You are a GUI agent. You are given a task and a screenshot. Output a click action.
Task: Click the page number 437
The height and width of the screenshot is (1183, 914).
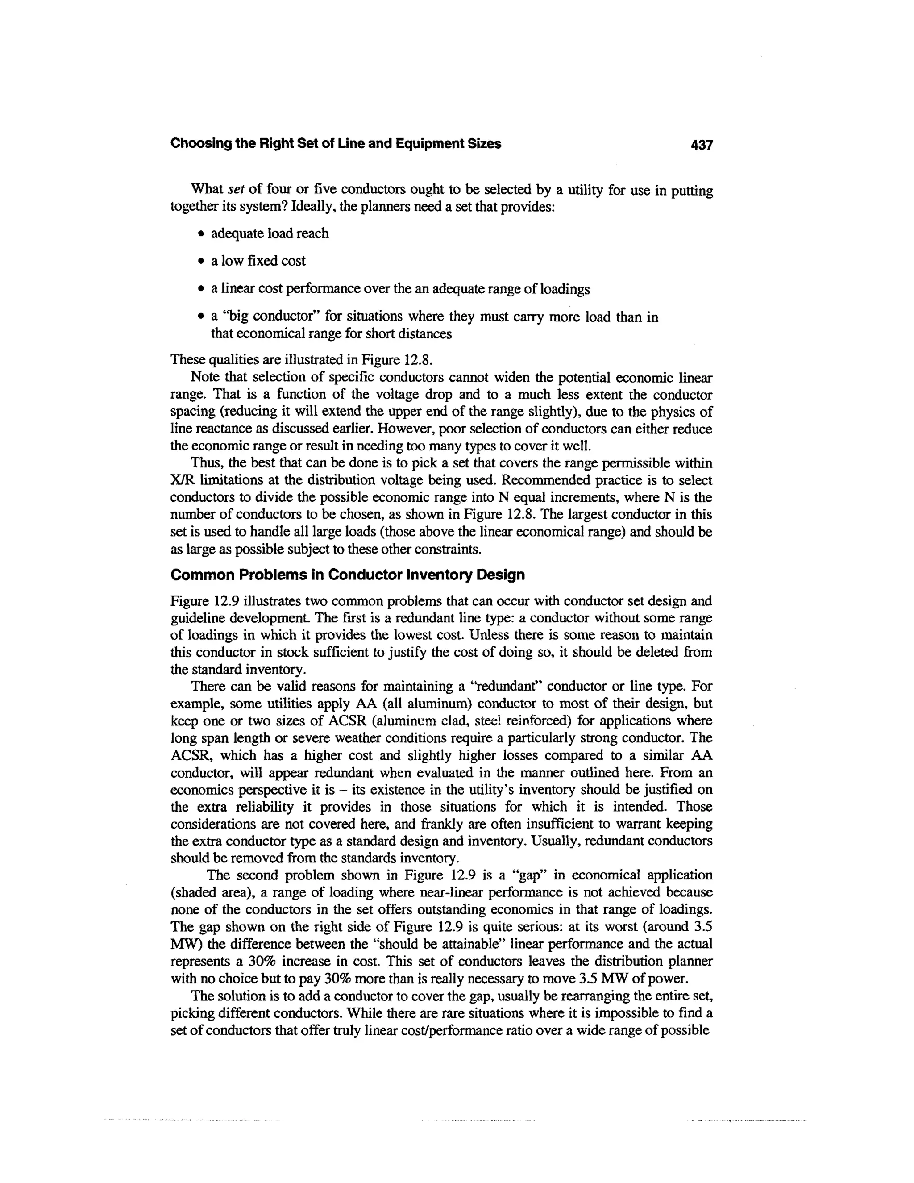coord(702,145)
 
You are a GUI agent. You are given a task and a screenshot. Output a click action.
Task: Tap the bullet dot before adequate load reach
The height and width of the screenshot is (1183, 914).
coord(201,234)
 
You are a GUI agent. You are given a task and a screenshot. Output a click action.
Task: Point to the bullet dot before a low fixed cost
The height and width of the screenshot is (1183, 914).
coord(201,262)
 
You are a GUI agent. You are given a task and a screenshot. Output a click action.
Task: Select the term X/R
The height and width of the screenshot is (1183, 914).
coord(183,480)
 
